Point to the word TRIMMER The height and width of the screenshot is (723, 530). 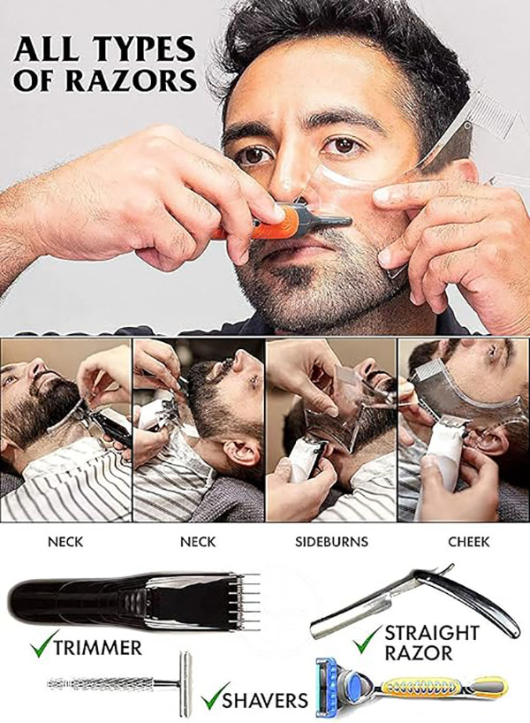point(96,648)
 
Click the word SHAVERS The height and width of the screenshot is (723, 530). point(264,701)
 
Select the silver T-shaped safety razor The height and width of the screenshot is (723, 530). point(124,682)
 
